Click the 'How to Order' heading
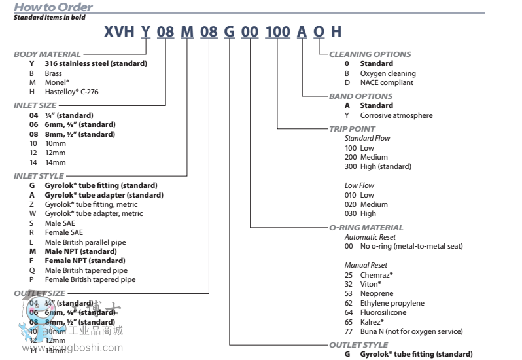click(54, 7)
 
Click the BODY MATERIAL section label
click(47, 54)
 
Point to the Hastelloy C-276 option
click(73, 92)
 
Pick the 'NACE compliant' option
click(387, 82)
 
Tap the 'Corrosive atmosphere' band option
click(396, 115)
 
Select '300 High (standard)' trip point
click(378, 166)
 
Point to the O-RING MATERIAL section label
click(366, 228)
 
